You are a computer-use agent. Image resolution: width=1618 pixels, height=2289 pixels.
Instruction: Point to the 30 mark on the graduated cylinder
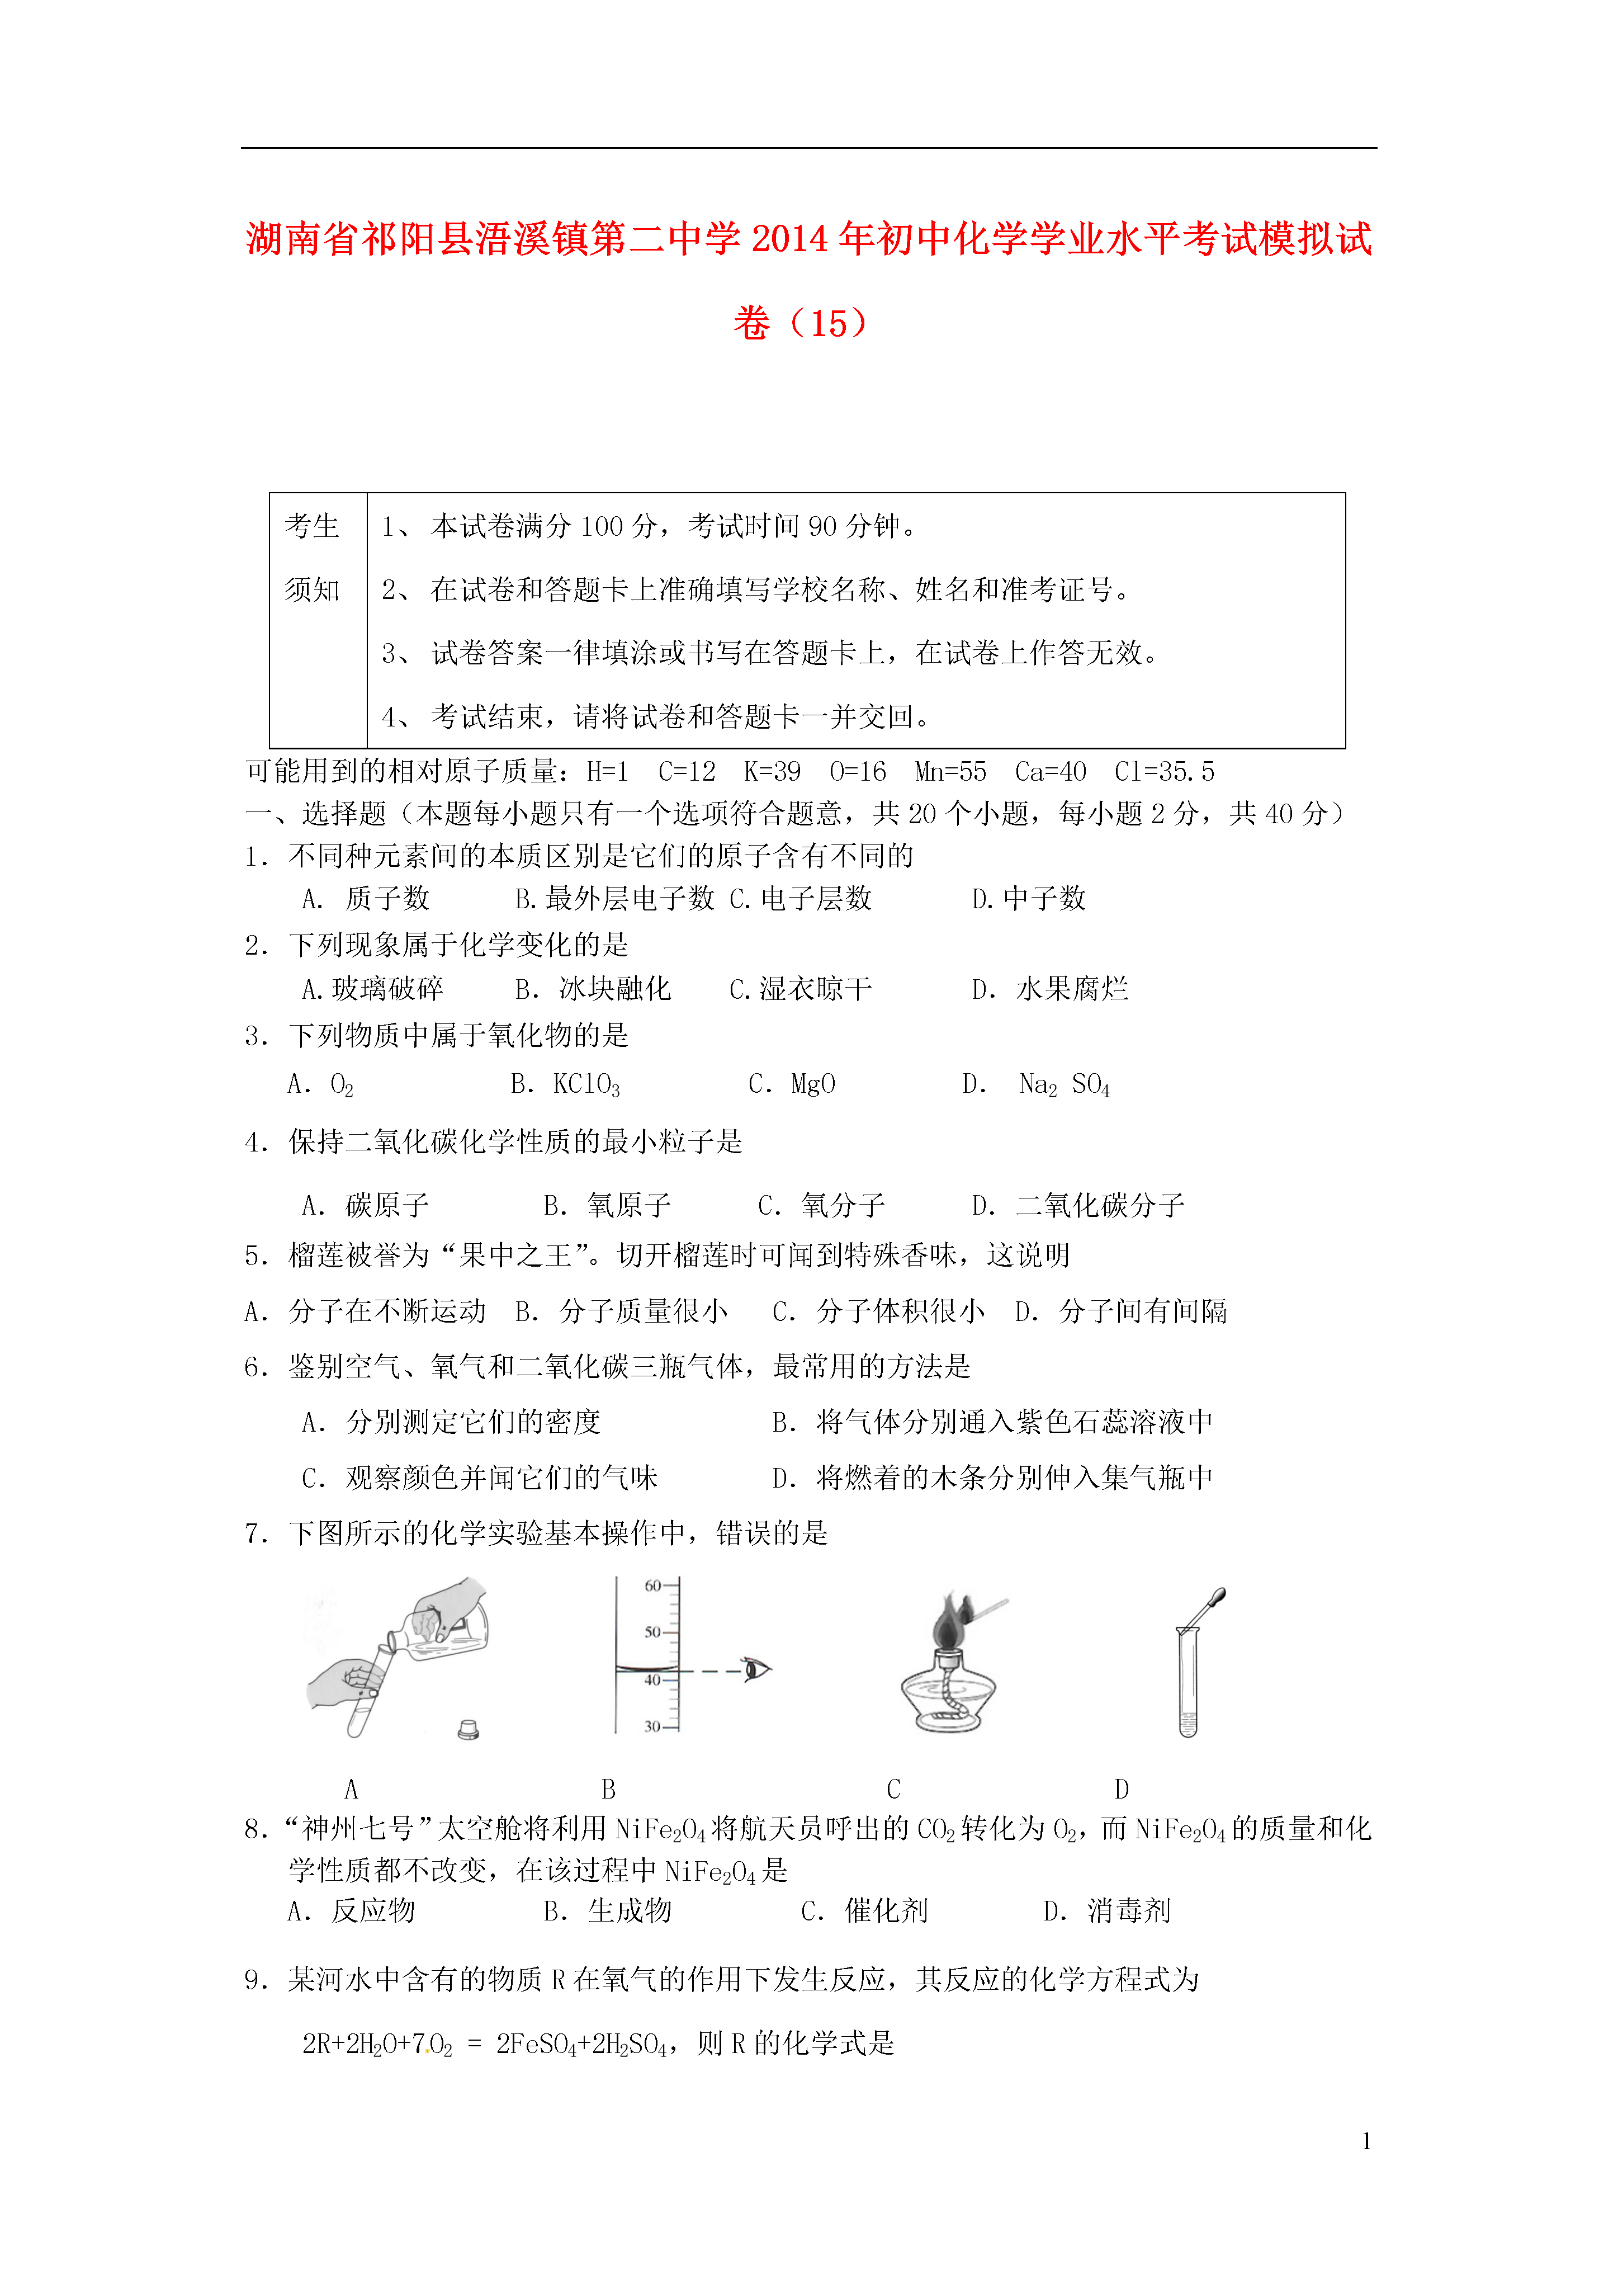(x=653, y=1726)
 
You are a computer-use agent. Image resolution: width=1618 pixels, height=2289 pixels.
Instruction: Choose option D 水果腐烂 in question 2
(x=1050, y=989)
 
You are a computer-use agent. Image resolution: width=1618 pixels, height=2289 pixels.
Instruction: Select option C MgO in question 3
(x=793, y=1084)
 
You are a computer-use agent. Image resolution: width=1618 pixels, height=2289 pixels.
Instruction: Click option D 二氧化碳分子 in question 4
(x=1078, y=1205)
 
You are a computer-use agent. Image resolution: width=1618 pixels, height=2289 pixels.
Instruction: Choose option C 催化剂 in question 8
(x=864, y=1910)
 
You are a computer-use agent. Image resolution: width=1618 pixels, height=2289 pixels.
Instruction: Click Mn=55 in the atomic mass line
(x=950, y=772)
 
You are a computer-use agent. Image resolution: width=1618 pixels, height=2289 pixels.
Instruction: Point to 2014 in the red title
(x=789, y=239)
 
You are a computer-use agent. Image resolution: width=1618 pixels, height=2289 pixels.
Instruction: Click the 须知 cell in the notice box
(x=312, y=590)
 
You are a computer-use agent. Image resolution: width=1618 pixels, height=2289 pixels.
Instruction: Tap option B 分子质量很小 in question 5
(x=622, y=1311)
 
